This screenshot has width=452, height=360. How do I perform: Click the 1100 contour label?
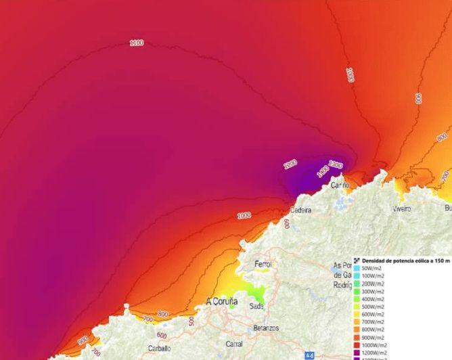(137, 43)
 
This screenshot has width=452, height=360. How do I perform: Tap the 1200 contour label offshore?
(290, 164)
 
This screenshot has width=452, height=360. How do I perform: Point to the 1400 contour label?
(322, 173)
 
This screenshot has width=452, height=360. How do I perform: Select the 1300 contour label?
(336, 165)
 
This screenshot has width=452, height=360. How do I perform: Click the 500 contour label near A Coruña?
(191, 320)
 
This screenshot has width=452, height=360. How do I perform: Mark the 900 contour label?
(83, 340)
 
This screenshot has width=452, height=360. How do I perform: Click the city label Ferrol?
(263, 264)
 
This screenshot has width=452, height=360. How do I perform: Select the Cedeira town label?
(300, 210)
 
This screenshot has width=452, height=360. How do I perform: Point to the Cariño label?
(340, 185)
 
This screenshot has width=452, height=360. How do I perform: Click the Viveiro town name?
(402, 209)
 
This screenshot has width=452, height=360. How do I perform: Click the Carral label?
(234, 344)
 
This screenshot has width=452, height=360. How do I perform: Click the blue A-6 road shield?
(310, 355)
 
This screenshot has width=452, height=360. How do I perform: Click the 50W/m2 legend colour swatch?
(357, 269)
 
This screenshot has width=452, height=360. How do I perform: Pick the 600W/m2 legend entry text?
(374, 314)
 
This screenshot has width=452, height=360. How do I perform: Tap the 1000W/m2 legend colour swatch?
(357, 344)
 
